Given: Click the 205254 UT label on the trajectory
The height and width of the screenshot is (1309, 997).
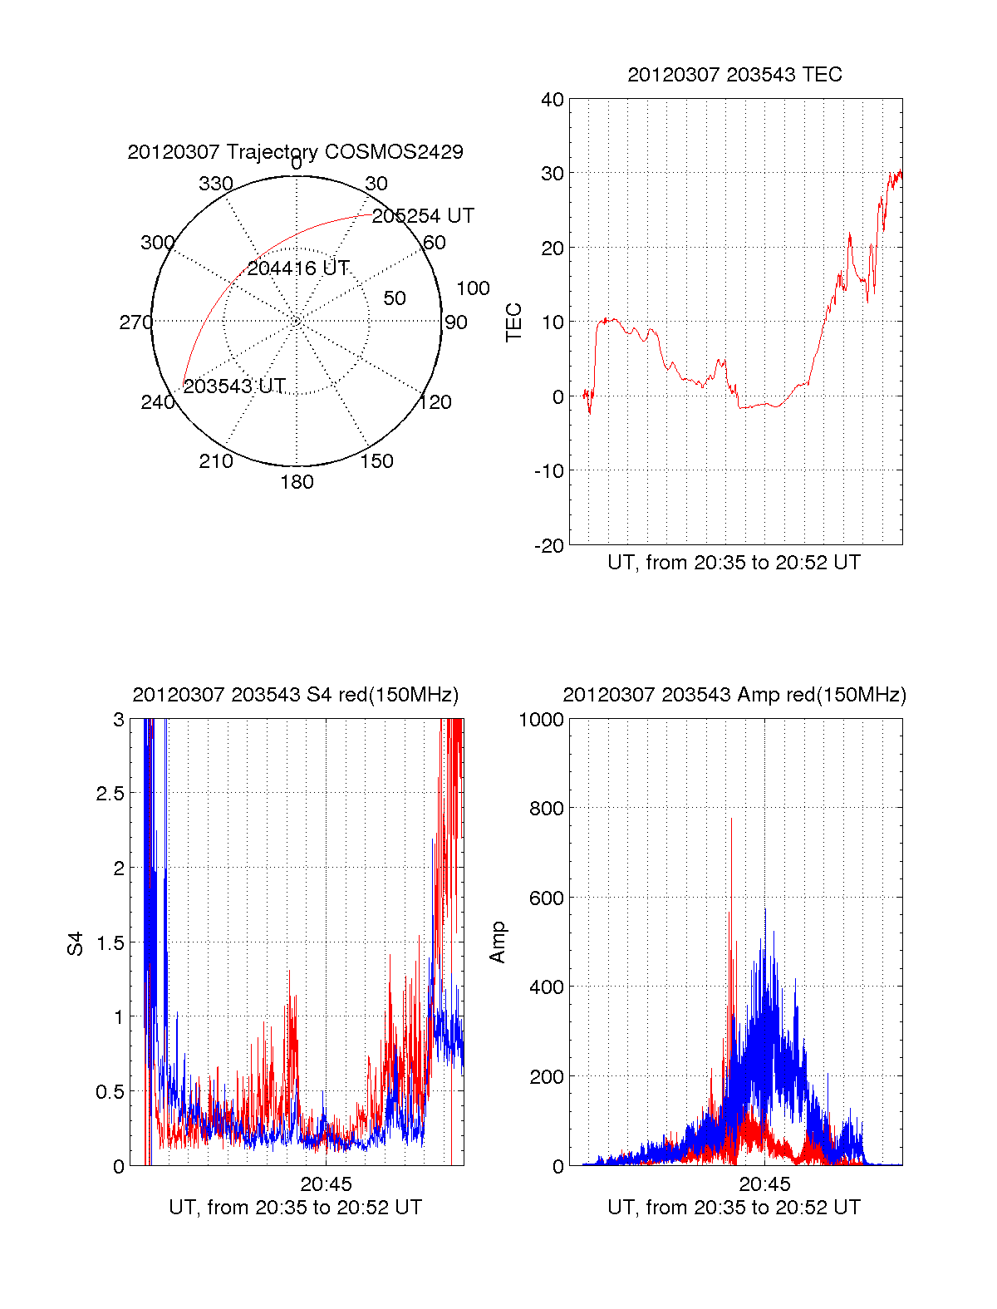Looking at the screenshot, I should [423, 216].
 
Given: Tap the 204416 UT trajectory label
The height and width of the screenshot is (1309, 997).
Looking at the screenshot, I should [298, 268].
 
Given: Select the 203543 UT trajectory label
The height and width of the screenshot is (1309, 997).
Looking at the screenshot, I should [234, 386].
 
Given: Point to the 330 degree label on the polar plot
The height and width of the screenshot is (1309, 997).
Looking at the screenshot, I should [216, 184].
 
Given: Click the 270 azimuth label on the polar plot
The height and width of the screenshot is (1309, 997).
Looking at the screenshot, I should [136, 322].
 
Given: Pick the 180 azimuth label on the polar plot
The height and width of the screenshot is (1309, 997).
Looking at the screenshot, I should [297, 482].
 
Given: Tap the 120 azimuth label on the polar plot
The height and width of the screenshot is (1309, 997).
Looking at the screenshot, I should [435, 403].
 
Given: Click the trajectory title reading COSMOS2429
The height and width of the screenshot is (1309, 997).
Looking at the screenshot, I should [295, 152].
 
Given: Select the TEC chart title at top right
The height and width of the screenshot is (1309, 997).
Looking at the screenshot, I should [734, 75].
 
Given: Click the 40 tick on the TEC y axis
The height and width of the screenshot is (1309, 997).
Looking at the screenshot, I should [553, 100].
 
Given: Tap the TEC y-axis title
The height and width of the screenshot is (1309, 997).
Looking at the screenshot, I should [514, 322].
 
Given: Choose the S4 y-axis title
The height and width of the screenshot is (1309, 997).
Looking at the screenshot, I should [76, 943].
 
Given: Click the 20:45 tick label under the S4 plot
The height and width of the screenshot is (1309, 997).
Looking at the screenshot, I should [326, 1184].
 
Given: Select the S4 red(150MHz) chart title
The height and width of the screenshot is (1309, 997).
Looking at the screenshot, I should [295, 695].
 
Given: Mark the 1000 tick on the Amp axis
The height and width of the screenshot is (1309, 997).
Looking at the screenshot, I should [542, 720].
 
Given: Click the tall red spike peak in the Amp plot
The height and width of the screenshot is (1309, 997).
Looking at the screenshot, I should [731, 819].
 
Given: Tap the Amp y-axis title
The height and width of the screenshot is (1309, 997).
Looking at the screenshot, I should [498, 942].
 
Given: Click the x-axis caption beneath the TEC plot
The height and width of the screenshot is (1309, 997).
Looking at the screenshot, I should [734, 563].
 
